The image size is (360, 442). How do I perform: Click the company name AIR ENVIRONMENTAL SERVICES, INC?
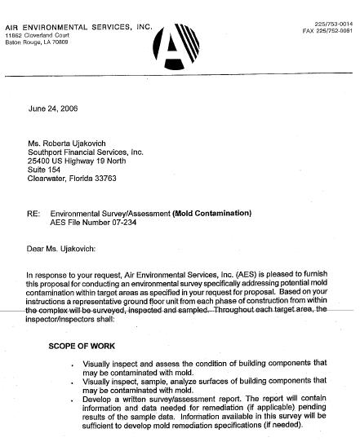click(78, 28)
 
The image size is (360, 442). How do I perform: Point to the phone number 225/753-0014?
click(336, 25)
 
